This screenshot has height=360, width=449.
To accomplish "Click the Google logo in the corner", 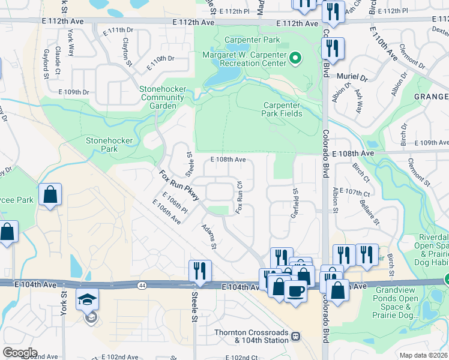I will pyautogui.click(x=19, y=353).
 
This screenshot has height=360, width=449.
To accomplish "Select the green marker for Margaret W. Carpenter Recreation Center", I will pyautogui.click(x=295, y=58).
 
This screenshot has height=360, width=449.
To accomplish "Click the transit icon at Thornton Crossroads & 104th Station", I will pyautogui.click(x=295, y=335).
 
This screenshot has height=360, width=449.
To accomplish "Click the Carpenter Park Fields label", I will pyautogui.click(x=282, y=109).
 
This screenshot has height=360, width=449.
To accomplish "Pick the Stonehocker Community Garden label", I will pyautogui.click(x=158, y=97).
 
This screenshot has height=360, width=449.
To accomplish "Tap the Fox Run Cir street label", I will pyautogui.click(x=238, y=197).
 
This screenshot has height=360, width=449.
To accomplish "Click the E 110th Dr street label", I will pyautogui.click(x=158, y=59).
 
